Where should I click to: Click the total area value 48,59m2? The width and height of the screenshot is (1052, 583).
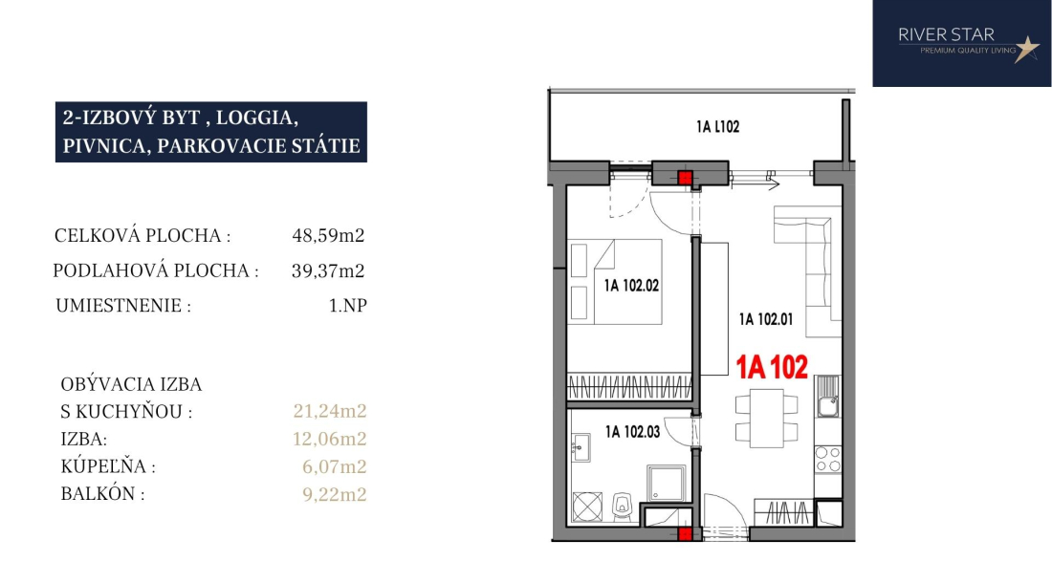[328, 235]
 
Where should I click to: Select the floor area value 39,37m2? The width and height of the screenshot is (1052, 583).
[328, 270]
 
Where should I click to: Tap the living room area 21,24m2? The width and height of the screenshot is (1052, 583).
[330, 411]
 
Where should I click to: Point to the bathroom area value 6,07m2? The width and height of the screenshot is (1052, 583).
[334, 466]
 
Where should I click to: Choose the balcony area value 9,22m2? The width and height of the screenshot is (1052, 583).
[334, 494]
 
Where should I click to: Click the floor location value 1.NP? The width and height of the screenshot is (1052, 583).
[347, 306]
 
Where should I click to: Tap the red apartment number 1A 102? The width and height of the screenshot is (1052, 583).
[772, 367]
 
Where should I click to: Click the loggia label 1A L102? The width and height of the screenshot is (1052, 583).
[717, 127]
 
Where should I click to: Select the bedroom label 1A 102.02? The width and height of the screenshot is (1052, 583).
[631, 286]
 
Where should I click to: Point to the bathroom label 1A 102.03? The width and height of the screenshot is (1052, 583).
[632, 432]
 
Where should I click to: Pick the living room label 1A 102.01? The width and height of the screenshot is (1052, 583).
[765, 319]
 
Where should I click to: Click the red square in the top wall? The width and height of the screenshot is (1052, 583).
[685, 178]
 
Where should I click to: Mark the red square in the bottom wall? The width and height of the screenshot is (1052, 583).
[685, 533]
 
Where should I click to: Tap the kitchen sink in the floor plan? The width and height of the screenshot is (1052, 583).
[826, 397]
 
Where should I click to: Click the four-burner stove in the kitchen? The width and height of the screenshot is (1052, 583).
[827, 460]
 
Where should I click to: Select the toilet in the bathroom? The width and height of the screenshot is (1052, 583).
[623, 507]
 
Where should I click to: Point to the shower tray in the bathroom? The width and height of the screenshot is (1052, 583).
[667, 484]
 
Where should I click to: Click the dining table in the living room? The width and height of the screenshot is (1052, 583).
[766, 419]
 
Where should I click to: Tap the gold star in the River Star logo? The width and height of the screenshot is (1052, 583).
[1026, 49]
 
